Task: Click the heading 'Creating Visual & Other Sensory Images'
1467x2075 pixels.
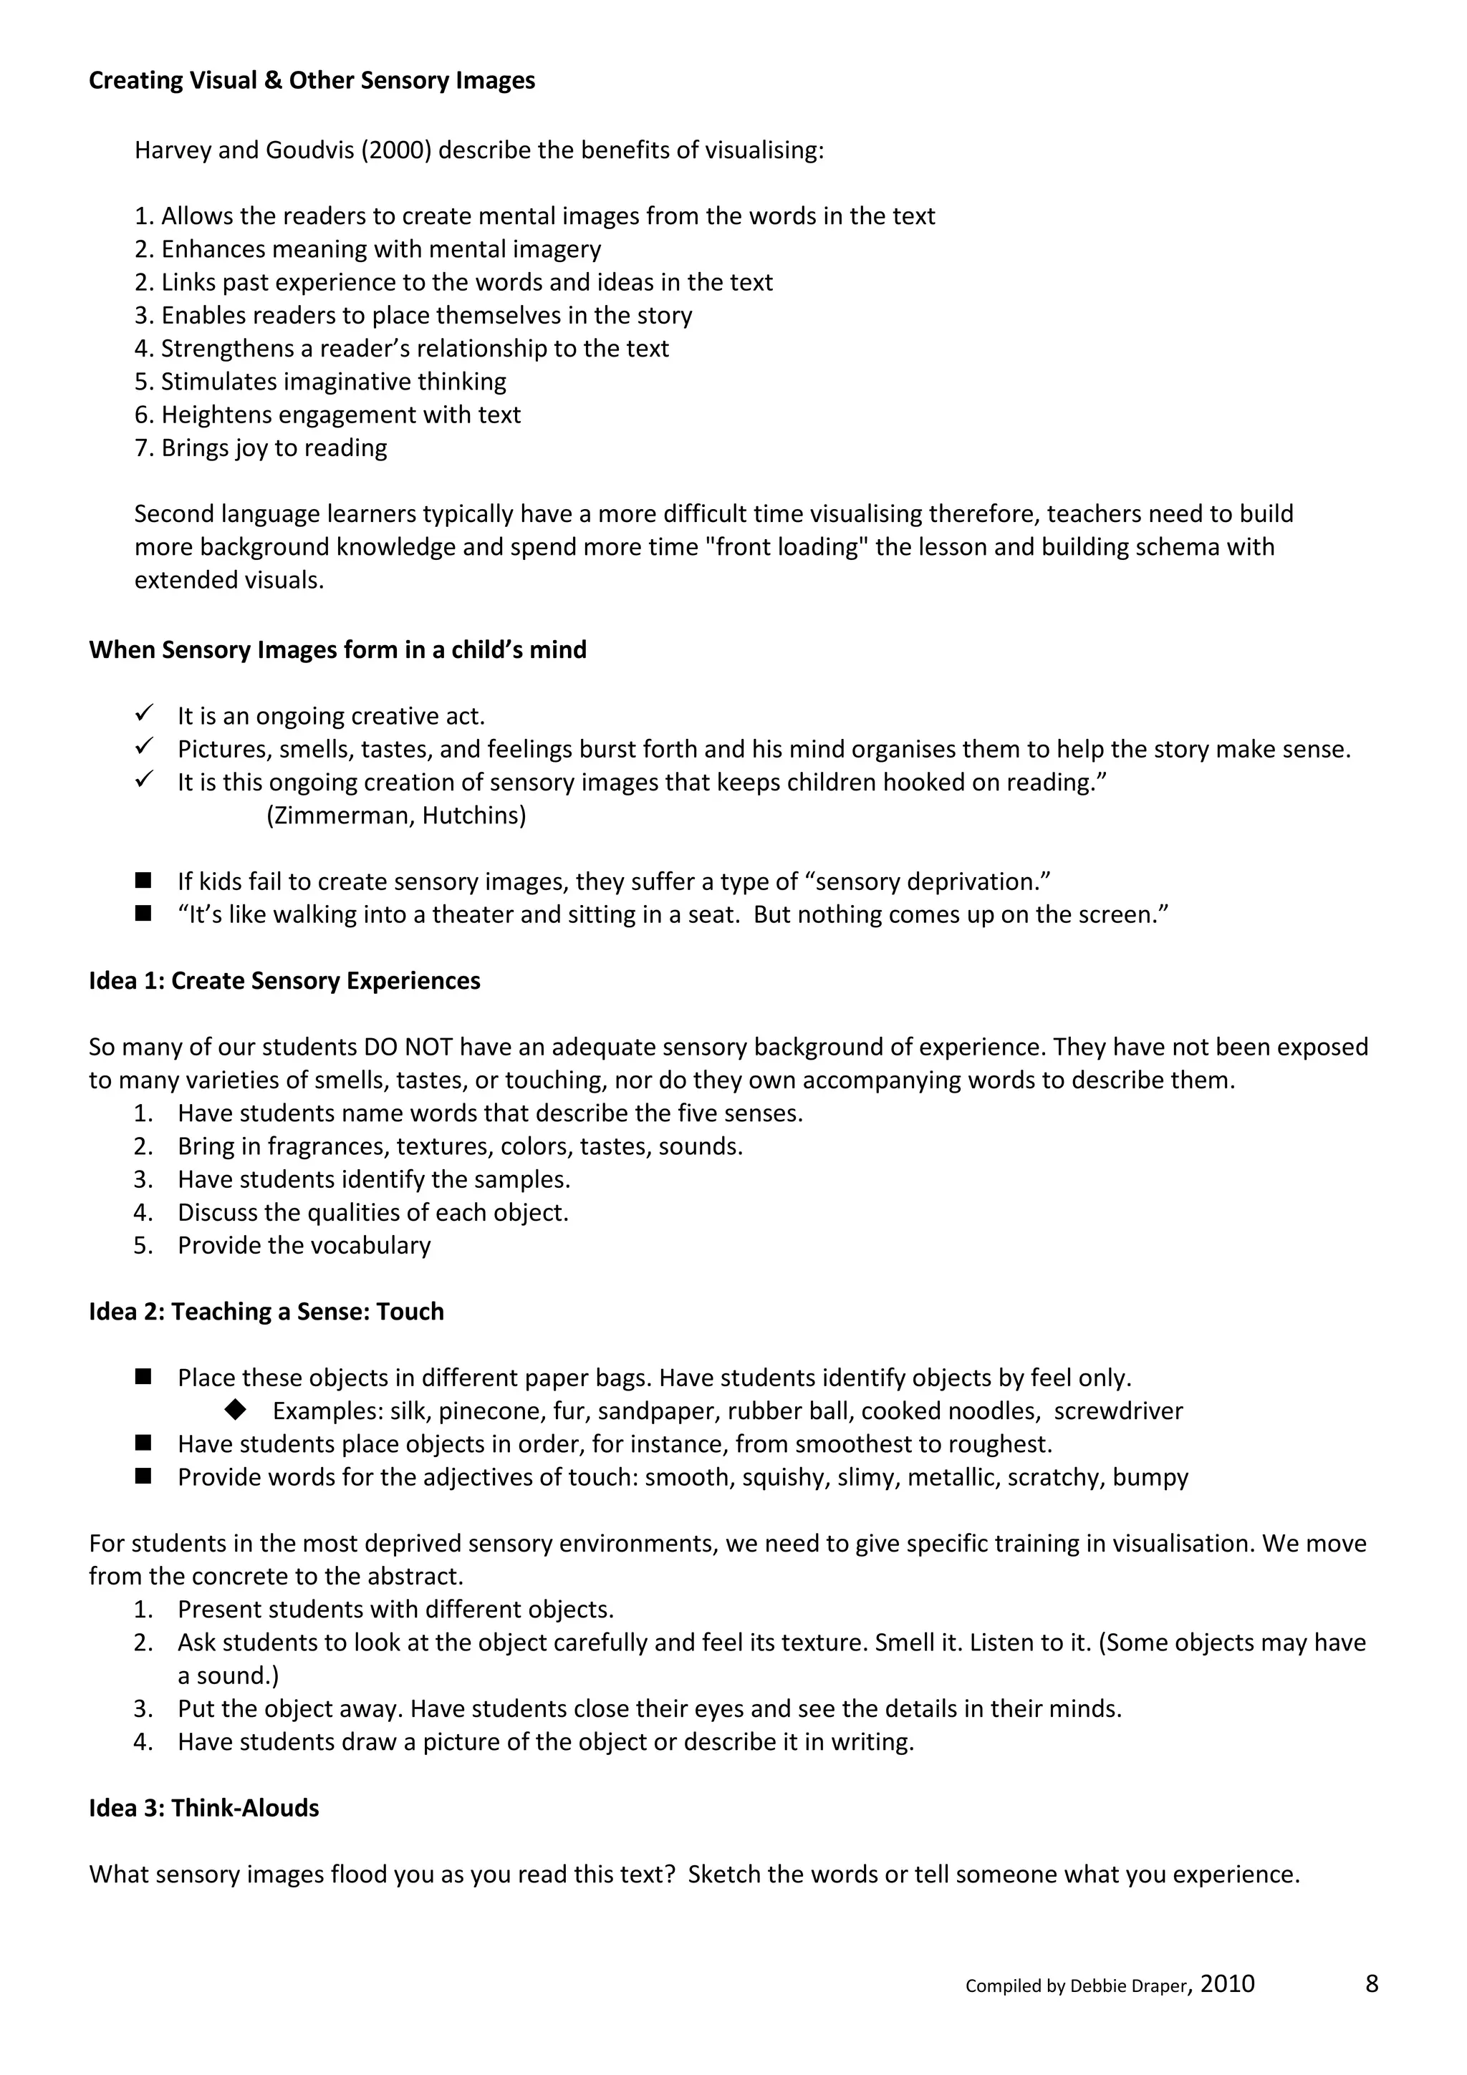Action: tap(312, 80)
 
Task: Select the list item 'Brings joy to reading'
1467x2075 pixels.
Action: tap(274, 448)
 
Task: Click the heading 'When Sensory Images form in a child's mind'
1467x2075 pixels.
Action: tap(337, 650)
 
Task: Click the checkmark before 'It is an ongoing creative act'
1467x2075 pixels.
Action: tap(145, 714)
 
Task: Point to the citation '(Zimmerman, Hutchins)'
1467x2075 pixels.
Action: tap(396, 816)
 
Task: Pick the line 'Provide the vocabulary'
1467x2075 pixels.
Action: tap(304, 1245)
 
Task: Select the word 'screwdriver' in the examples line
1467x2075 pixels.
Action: tap(1118, 1412)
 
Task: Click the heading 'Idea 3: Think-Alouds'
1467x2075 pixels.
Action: tap(203, 1809)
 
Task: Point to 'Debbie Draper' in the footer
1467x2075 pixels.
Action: tap(1127, 1986)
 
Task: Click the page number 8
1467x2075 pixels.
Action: tap(1371, 1985)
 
